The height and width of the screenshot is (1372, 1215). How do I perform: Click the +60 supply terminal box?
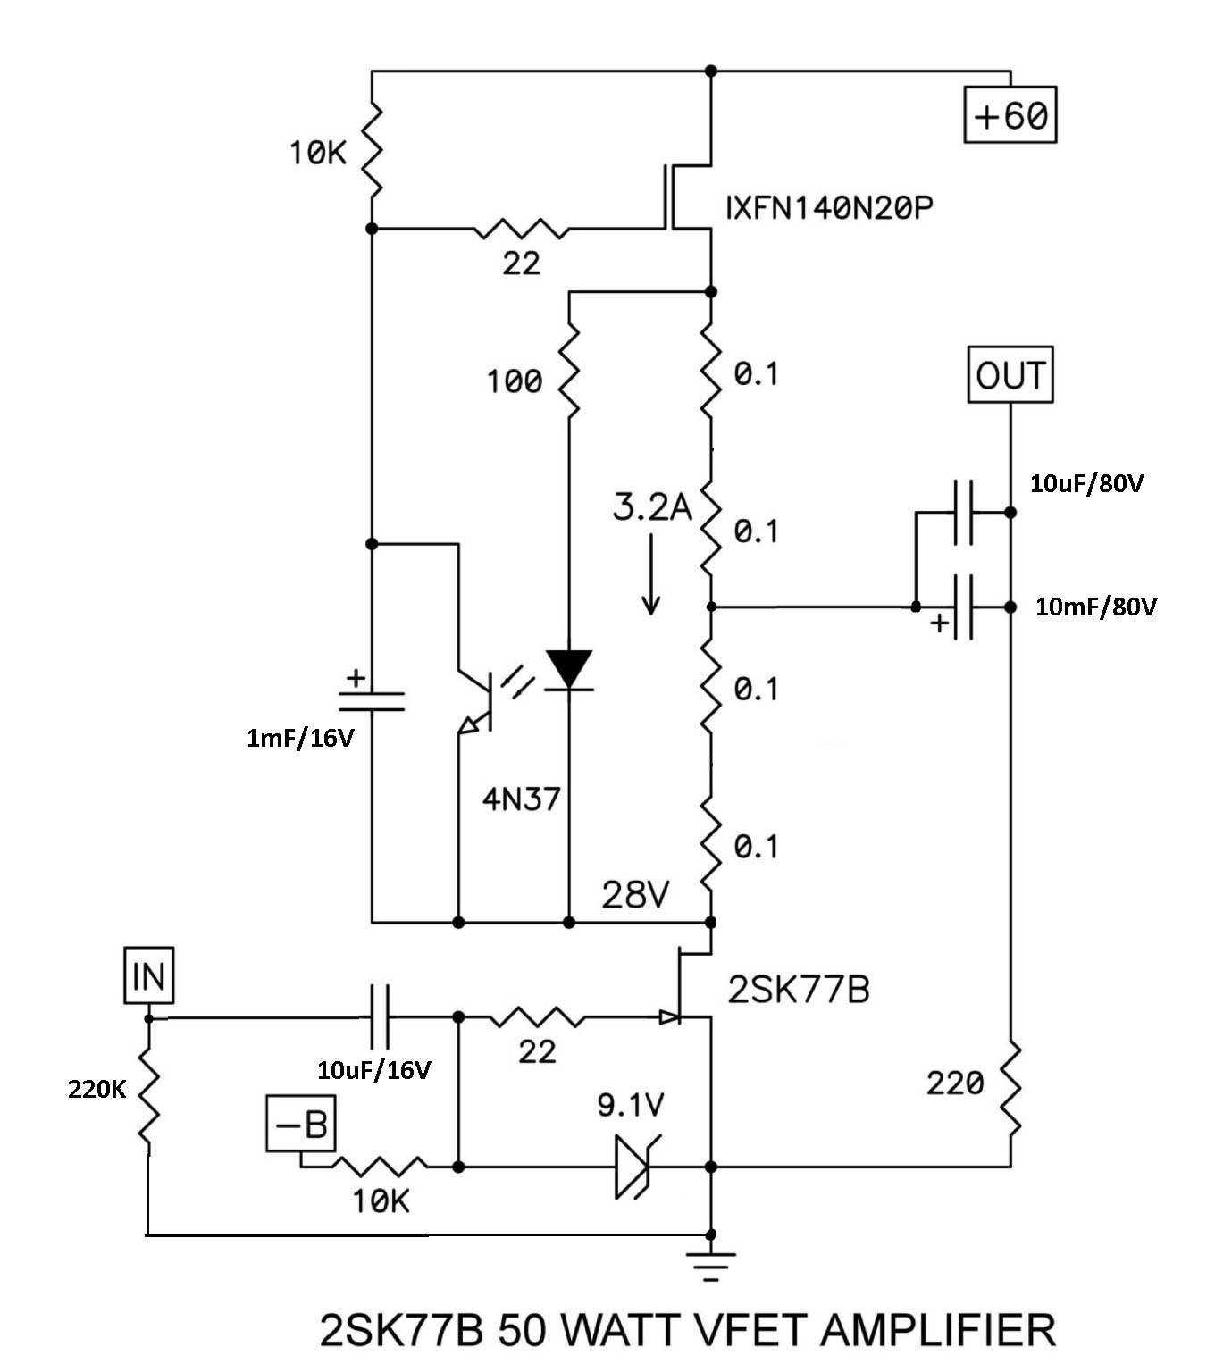coord(1010,114)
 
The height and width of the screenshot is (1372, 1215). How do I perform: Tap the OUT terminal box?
coord(1010,374)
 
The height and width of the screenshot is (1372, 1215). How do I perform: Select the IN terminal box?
coord(149,975)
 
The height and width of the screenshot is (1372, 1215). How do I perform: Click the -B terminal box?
coord(301,1124)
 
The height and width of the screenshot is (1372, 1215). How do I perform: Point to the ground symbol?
coord(710,1264)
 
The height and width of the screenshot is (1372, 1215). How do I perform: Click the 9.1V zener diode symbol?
coord(635,1167)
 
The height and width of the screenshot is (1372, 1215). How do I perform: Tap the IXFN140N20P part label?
coord(829,208)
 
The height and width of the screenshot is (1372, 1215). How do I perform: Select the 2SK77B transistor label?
coord(799,990)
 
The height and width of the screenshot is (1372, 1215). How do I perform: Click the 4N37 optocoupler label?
coord(521,799)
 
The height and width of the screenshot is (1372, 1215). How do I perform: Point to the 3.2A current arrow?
coord(651,573)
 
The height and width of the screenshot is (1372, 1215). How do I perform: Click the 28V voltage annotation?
coord(634,895)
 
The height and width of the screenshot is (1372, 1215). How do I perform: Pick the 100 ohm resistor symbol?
coord(569,372)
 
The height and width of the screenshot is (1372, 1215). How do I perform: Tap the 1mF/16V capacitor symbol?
coord(372,701)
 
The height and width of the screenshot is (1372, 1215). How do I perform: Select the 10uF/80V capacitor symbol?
coord(963,512)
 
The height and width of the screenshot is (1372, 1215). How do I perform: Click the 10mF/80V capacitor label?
coord(1096,607)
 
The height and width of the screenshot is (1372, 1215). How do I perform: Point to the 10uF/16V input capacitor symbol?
coord(380,1017)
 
